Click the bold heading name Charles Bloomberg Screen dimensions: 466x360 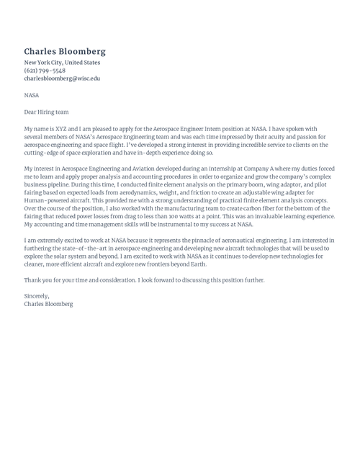tap(65, 51)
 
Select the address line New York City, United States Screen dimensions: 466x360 tap(62, 63)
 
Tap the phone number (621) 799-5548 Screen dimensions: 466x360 tap(45, 71)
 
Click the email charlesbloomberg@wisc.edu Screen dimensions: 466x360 tap(62, 79)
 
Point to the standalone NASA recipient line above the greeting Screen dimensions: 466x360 tap(32, 95)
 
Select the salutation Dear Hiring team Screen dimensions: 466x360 tap(46, 112)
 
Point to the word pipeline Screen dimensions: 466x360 tap(60, 184)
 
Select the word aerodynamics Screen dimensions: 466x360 tap(147, 192)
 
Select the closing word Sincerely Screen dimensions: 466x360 tap(37, 296)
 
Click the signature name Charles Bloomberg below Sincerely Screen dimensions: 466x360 tap(48, 304)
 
